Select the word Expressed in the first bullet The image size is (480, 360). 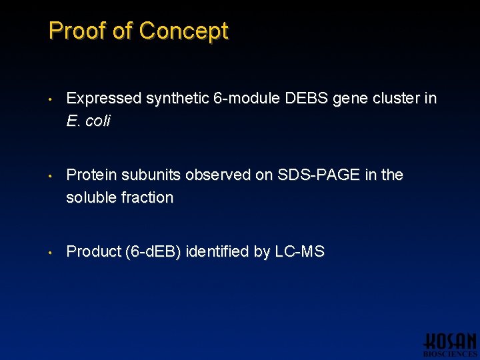(x=104, y=99)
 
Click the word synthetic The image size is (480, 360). (x=177, y=99)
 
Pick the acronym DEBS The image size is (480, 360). (x=306, y=99)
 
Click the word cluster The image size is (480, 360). (x=394, y=99)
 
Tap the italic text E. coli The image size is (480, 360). (x=88, y=121)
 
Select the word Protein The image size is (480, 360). (x=90, y=175)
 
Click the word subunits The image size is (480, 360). (x=150, y=175)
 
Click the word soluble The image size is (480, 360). (x=91, y=197)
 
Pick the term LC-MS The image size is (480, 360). (x=299, y=251)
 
